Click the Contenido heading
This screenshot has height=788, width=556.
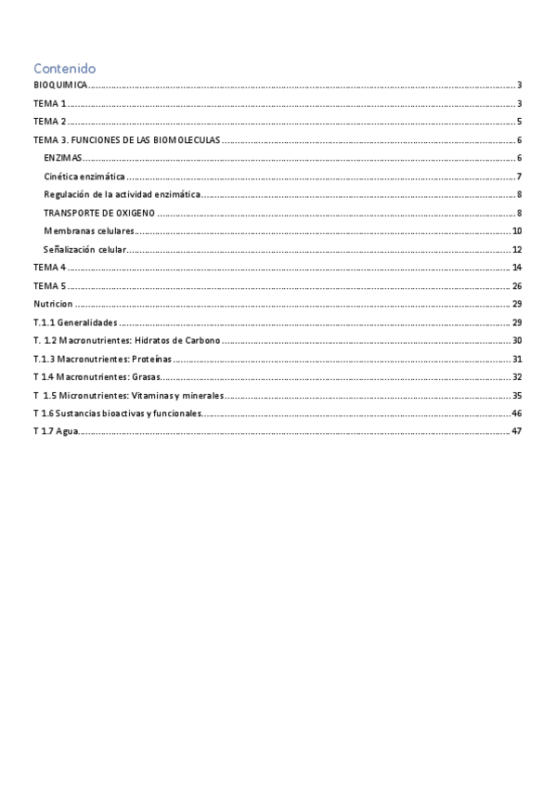coord(64,69)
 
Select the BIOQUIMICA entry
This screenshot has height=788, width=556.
coord(60,85)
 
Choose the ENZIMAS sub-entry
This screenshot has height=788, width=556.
coord(63,158)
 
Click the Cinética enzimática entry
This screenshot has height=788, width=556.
coord(84,177)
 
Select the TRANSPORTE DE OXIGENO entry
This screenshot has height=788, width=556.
coord(99,213)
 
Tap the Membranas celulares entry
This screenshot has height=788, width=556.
coord(88,230)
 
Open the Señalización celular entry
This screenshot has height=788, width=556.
coord(84,249)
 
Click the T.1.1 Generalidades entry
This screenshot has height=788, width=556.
coord(75,322)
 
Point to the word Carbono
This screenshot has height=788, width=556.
coord(201,341)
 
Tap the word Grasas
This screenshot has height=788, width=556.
coord(145,377)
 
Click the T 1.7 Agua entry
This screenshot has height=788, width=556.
coord(56,432)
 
